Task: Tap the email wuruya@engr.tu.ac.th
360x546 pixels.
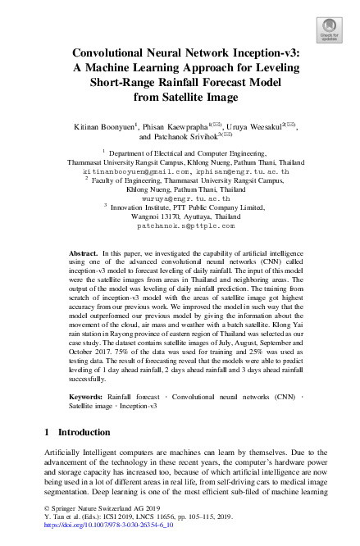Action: tap(180, 198)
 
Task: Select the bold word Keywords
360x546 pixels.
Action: tap(86, 395)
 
